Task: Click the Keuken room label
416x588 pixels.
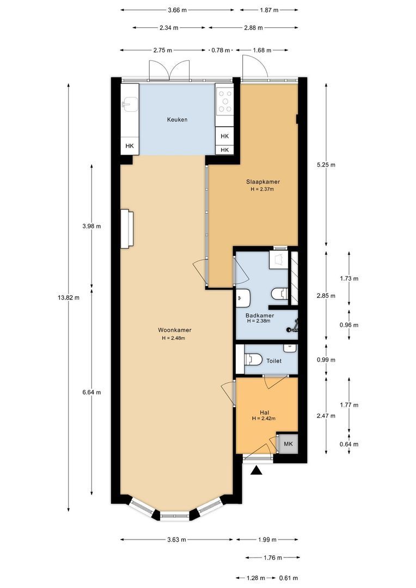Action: click(x=177, y=120)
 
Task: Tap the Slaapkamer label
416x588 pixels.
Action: click(x=263, y=182)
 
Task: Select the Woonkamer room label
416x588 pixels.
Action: click(x=174, y=330)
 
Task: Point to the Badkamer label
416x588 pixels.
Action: click(x=260, y=315)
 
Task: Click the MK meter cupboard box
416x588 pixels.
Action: click(x=288, y=444)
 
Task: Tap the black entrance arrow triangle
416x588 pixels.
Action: click(x=256, y=470)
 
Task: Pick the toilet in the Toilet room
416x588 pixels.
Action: click(x=253, y=360)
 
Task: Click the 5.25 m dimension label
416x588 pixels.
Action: click(x=326, y=164)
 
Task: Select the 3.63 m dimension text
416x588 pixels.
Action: click(x=176, y=540)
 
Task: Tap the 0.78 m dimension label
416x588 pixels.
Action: click(x=221, y=50)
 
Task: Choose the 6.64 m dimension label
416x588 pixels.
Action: click(x=91, y=392)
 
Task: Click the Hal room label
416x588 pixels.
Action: click(x=264, y=412)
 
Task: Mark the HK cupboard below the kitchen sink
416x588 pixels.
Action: click(x=130, y=146)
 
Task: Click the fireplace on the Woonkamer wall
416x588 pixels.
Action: click(x=127, y=229)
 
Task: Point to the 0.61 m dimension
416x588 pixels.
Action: click(x=289, y=578)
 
